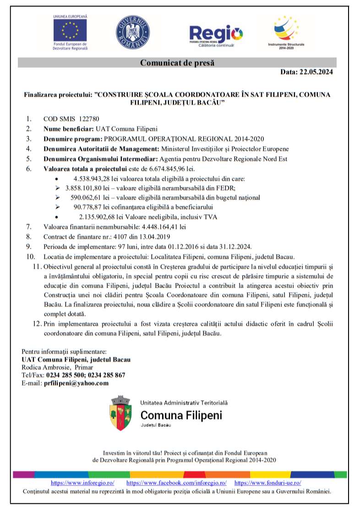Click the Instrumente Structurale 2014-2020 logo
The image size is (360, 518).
(x=289, y=29)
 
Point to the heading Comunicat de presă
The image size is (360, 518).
(x=177, y=63)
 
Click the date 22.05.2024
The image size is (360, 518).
(x=316, y=72)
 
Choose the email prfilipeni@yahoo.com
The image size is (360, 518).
(x=76, y=383)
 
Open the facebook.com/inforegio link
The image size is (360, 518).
(x=176, y=483)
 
